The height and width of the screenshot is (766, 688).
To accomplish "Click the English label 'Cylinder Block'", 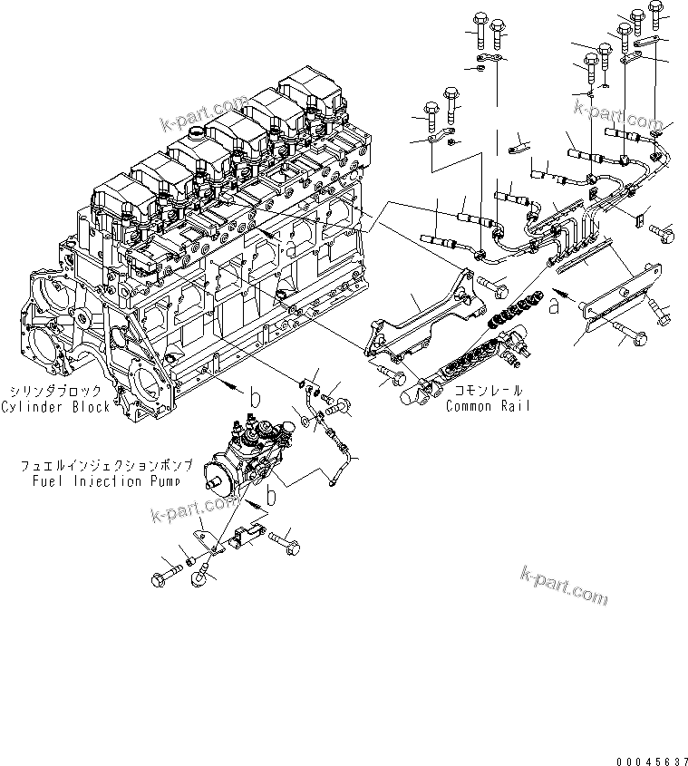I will [x=55, y=407].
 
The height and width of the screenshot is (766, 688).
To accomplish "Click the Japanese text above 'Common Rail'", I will [x=484, y=392].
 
